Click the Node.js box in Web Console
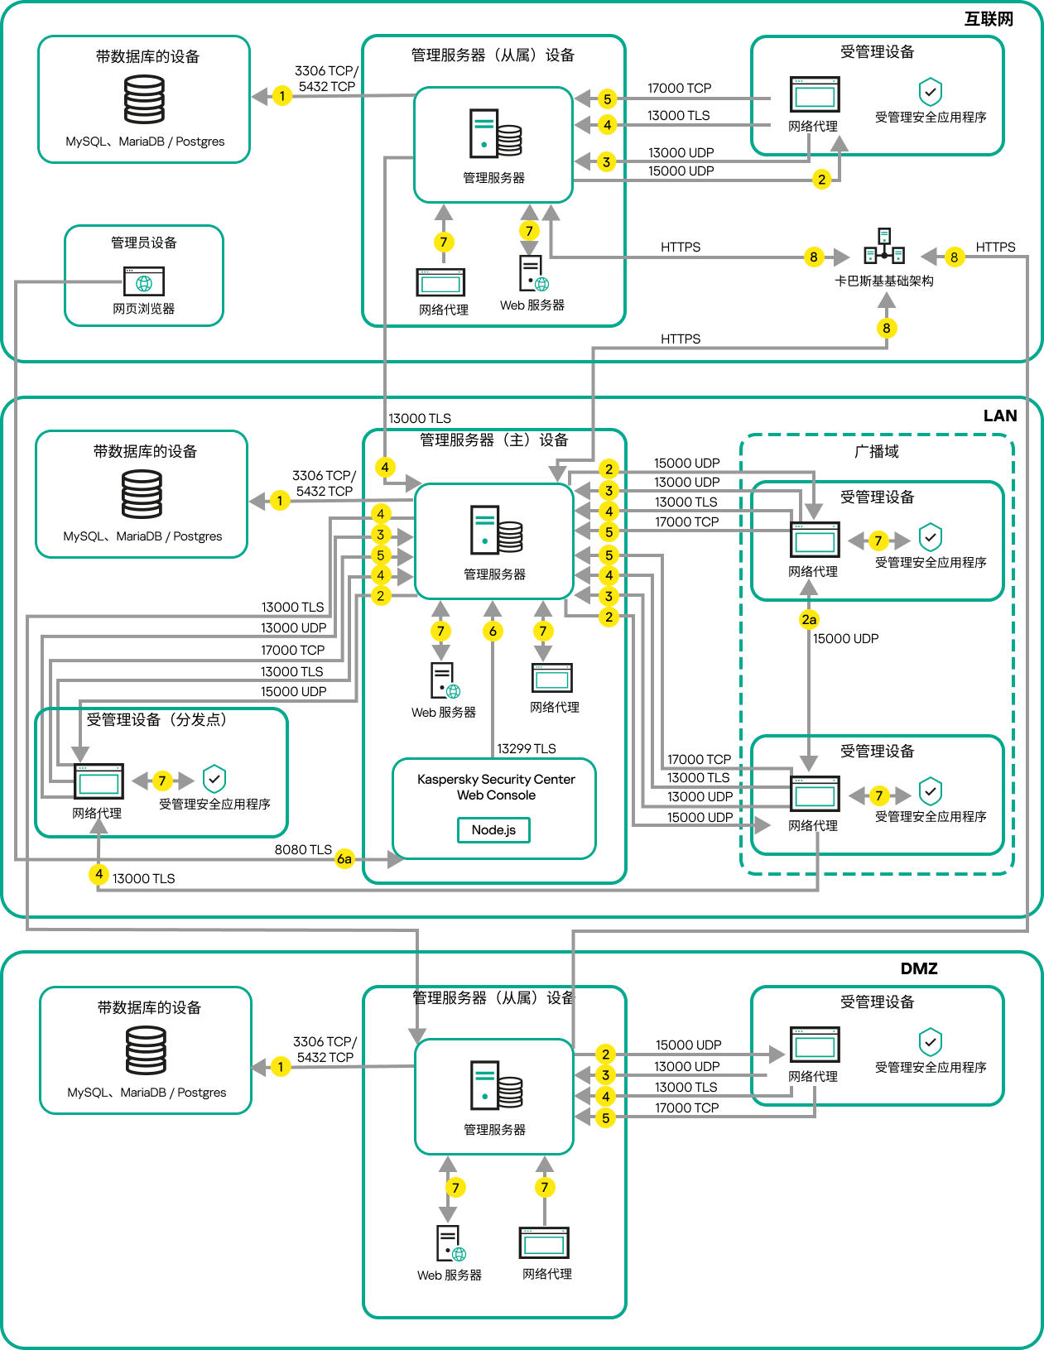pos(493,829)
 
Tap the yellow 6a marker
pos(344,859)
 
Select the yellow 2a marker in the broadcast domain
pos(809,619)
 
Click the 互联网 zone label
pos(989,19)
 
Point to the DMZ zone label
pos(919,968)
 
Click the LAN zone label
pos(1000,416)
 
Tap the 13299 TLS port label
pos(527,748)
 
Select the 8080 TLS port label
pos(303,849)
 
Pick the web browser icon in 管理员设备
pos(144,281)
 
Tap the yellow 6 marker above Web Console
pos(493,632)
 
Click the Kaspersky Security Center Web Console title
pos(496,787)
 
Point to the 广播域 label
pos(877,451)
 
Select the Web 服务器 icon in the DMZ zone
pos(450,1243)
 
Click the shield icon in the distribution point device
pos(214,778)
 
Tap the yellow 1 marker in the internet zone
pos(282,96)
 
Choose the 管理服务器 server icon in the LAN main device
pos(495,530)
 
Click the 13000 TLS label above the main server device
pos(420,418)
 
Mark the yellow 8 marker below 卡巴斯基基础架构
pos(887,328)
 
